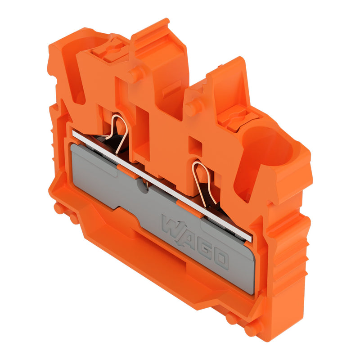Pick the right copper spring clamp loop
click(204, 181)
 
